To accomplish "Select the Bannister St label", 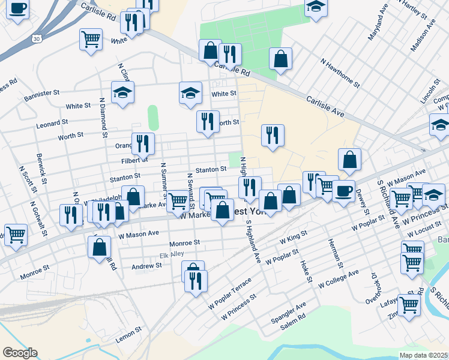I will coord(42,94).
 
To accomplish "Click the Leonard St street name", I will coord(52,124).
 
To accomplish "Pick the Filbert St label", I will coord(134,160).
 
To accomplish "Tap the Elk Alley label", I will coord(172,254).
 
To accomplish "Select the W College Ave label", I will coord(338,277).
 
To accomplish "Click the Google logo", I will coord(20,353).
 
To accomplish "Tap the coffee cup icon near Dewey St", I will coord(343,191).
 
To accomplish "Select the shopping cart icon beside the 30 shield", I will coord(90,39).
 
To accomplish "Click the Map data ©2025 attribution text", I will coord(423,355).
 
